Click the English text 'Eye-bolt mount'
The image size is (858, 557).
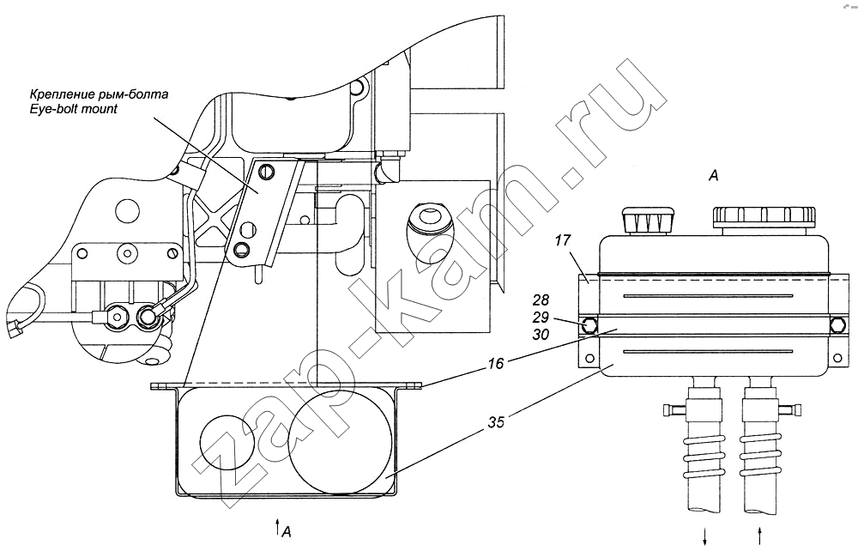(x=74, y=109)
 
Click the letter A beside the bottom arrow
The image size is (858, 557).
(x=287, y=532)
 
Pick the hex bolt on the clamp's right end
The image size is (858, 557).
(x=837, y=325)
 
